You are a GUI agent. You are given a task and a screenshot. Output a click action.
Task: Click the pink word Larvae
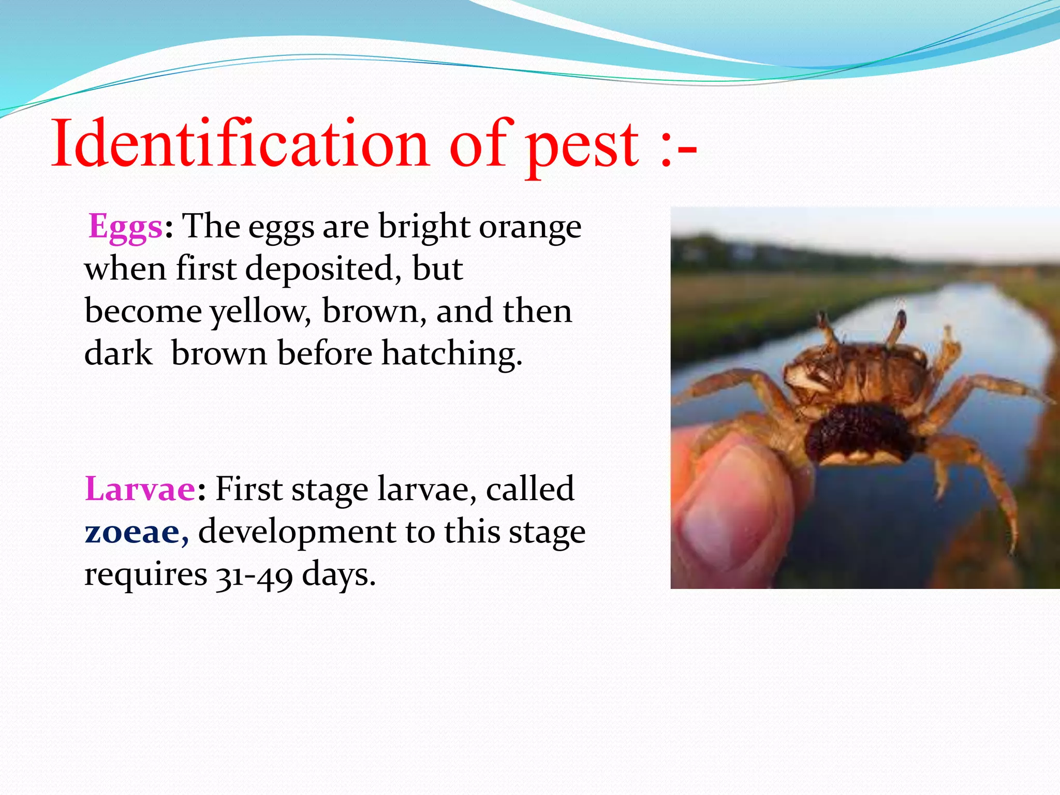click(140, 489)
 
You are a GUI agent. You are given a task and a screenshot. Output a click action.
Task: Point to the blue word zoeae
click(132, 532)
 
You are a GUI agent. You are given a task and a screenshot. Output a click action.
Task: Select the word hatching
click(450, 354)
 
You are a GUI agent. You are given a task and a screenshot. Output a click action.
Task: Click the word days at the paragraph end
click(338, 575)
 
